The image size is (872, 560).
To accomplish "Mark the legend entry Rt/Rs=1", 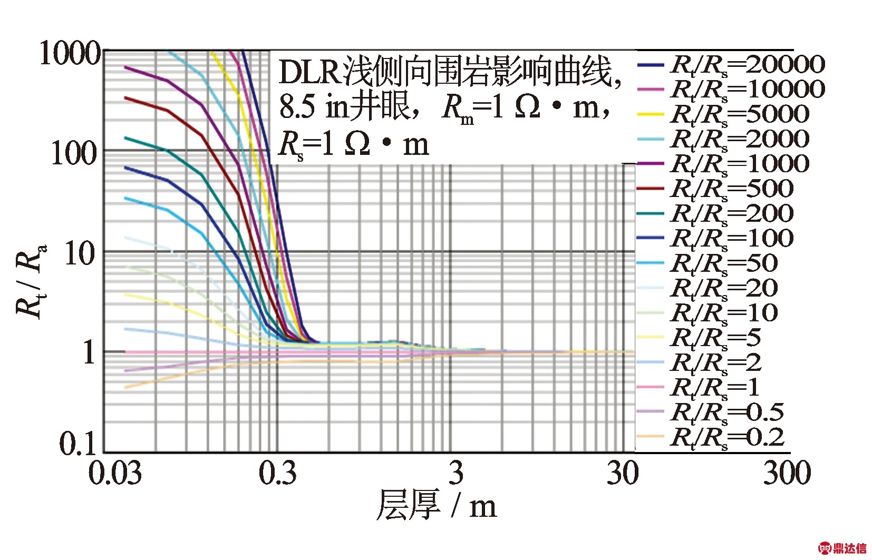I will (x=715, y=388).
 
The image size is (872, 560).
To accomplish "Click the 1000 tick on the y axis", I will (x=70, y=54).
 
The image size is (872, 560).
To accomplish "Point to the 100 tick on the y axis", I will (x=75, y=153).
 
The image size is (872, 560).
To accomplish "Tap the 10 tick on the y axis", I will (x=80, y=254).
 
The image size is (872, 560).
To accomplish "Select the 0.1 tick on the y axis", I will (x=79, y=443).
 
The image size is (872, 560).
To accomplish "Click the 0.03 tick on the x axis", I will (x=115, y=473).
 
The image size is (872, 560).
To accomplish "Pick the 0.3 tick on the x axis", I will (x=278, y=473).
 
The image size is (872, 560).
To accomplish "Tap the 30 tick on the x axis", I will (x=623, y=473).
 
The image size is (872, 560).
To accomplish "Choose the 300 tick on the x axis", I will (x=787, y=473).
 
